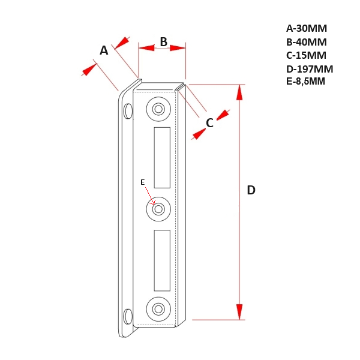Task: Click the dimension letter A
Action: [x=104, y=50]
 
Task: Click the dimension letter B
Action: [x=163, y=42]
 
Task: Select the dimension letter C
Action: [x=209, y=123]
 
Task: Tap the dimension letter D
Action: [x=251, y=190]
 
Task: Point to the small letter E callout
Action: [x=142, y=182]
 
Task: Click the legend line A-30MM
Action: [x=306, y=28]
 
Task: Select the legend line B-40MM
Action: [x=306, y=42]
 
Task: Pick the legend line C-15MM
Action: [x=306, y=55]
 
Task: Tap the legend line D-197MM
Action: [x=309, y=69]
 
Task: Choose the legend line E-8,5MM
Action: [x=305, y=82]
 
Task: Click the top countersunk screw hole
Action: [x=158, y=109]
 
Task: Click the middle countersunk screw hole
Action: [x=158, y=209]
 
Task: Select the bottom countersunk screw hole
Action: [x=158, y=309]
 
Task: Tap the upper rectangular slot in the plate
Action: [x=162, y=158]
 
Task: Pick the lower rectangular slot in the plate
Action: [x=162, y=260]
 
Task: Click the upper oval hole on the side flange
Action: [x=128, y=111]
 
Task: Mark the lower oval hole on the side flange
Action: [x=127, y=316]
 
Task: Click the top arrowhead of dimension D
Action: [x=239, y=92]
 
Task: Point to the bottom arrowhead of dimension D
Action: [x=239, y=312]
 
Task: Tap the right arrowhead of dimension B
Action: [x=178, y=47]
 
